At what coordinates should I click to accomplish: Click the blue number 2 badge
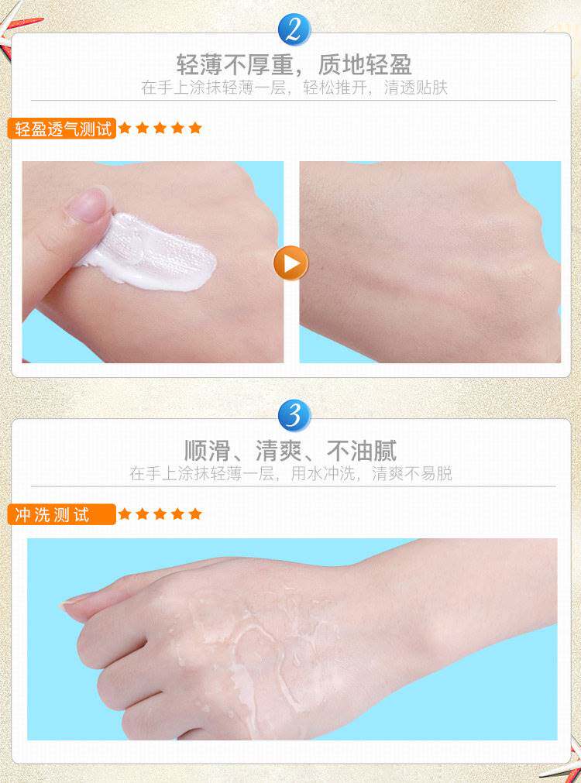coord(294,30)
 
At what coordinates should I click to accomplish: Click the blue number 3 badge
coord(294,415)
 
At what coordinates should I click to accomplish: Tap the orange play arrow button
coord(290,263)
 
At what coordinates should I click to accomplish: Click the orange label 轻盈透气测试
coord(62,129)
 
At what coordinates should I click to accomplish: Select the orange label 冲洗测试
coord(62,514)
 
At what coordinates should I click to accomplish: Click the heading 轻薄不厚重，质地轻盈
coord(294,65)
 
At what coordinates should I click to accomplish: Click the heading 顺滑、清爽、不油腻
coord(290,451)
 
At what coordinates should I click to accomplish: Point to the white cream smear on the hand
coord(149,252)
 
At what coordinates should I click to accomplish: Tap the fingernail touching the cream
coord(88,204)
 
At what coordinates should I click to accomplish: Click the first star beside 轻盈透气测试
coord(125,129)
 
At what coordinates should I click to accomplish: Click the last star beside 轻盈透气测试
coord(195,129)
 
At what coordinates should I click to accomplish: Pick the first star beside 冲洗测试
coord(125,513)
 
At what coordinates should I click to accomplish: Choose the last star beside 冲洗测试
coord(195,513)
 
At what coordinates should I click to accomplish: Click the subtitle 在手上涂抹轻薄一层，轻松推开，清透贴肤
coord(294,88)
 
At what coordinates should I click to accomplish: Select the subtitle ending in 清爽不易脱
coord(290,473)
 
